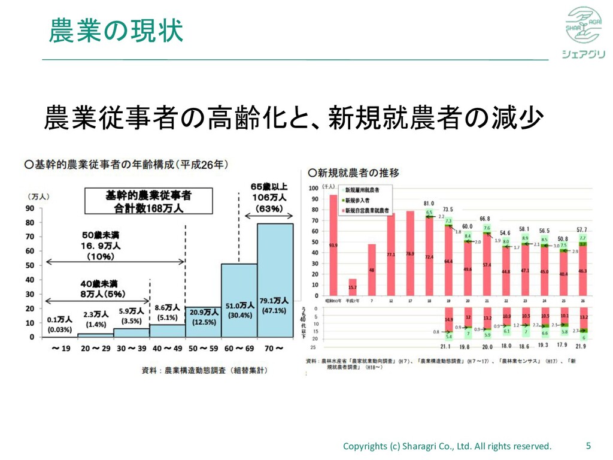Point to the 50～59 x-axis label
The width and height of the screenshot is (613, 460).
tap(203, 347)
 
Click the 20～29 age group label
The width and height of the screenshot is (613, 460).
tap(95, 347)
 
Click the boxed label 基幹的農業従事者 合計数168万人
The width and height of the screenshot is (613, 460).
tap(148, 202)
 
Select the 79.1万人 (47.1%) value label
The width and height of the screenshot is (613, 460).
tap(275, 305)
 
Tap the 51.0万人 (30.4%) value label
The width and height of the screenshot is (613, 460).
tap(239, 310)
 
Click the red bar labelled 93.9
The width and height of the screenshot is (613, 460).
tap(333, 246)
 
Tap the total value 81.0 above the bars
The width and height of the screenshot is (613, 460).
tap(429, 203)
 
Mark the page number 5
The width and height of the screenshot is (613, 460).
tap(588, 446)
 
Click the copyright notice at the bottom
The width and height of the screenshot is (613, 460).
tap(447, 446)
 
